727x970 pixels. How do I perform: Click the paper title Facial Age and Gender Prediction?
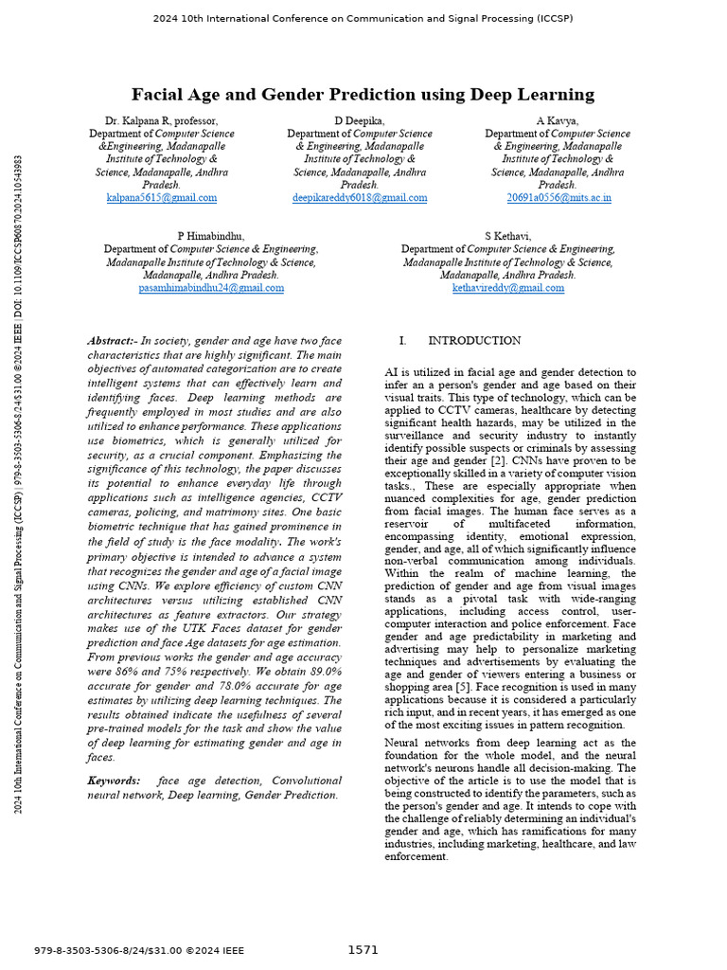363,94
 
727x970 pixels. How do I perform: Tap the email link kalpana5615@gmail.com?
162,198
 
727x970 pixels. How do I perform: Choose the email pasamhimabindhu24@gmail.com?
211,287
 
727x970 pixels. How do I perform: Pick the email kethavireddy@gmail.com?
507,287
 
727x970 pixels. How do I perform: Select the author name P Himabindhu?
211,236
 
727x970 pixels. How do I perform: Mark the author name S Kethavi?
507,236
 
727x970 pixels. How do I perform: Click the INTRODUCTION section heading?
473,340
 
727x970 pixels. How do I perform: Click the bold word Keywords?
113,780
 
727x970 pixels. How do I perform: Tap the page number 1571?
363,949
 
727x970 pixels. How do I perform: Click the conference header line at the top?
363,18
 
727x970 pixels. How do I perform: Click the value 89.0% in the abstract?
297,671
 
